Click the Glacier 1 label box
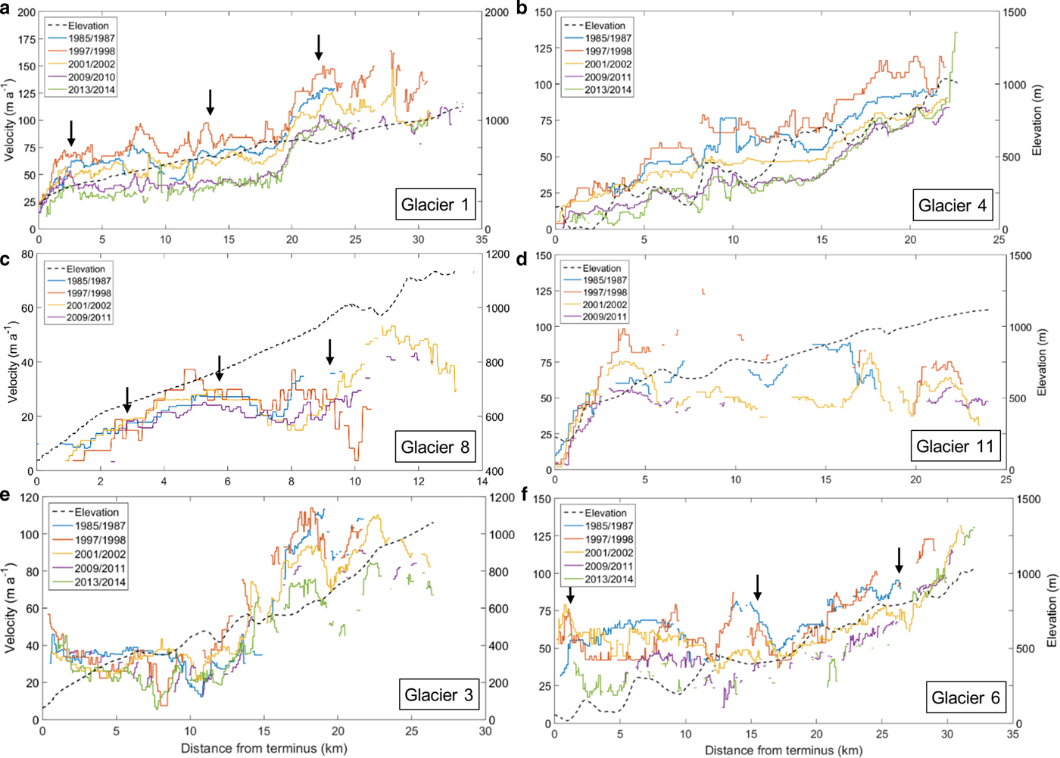[435, 204]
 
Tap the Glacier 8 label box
[435, 447]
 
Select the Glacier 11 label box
[954, 446]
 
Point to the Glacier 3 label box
[438, 694]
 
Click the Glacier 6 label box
[965, 697]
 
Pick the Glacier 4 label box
[952, 205]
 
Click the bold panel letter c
[5, 260]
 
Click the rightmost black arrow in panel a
[319, 47]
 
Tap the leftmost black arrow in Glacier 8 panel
[127, 399]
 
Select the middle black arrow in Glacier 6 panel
[757, 587]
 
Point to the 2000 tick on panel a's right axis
[497, 13]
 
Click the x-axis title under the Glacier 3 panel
[263, 749]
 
